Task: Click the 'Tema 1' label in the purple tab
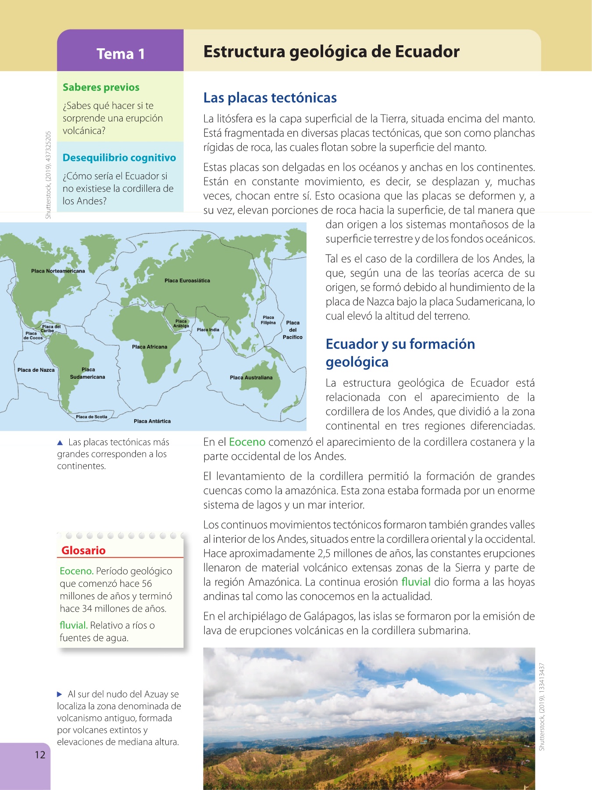click(x=121, y=54)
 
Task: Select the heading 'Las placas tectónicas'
click(x=270, y=97)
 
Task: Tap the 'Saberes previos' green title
click(x=101, y=87)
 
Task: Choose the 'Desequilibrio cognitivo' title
click(x=119, y=158)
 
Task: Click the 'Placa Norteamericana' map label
click(x=58, y=271)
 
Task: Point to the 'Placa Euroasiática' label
click(x=187, y=280)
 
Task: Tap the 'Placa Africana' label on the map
click(x=150, y=347)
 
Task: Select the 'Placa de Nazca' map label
click(x=36, y=370)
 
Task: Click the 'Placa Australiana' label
click(x=251, y=377)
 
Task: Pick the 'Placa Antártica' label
click(x=152, y=421)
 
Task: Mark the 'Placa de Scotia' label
click(x=91, y=417)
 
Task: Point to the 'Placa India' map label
click(x=208, y=330)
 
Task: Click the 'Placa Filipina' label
click(x=268, y=320)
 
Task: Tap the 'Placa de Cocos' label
click(x=33, y=336)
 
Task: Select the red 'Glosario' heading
click(x=83, y=550)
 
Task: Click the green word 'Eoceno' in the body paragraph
click(x=247, y=442)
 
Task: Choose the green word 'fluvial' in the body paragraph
click(x=416, y=582)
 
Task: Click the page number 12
click(x=40, y=754)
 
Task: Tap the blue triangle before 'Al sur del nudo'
click(x=60, y=694)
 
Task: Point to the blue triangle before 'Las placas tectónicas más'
click(x=60, y=442)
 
